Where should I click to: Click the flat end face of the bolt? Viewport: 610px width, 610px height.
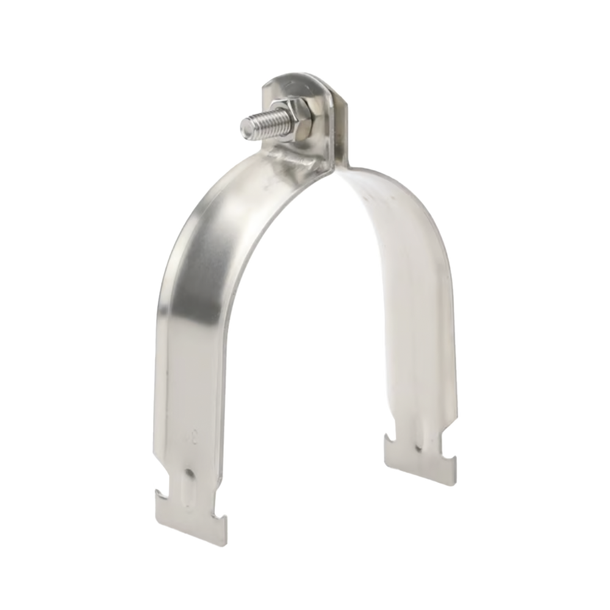(x=246, y=126)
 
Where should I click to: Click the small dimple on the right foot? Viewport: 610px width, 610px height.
(x=420, y=448)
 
